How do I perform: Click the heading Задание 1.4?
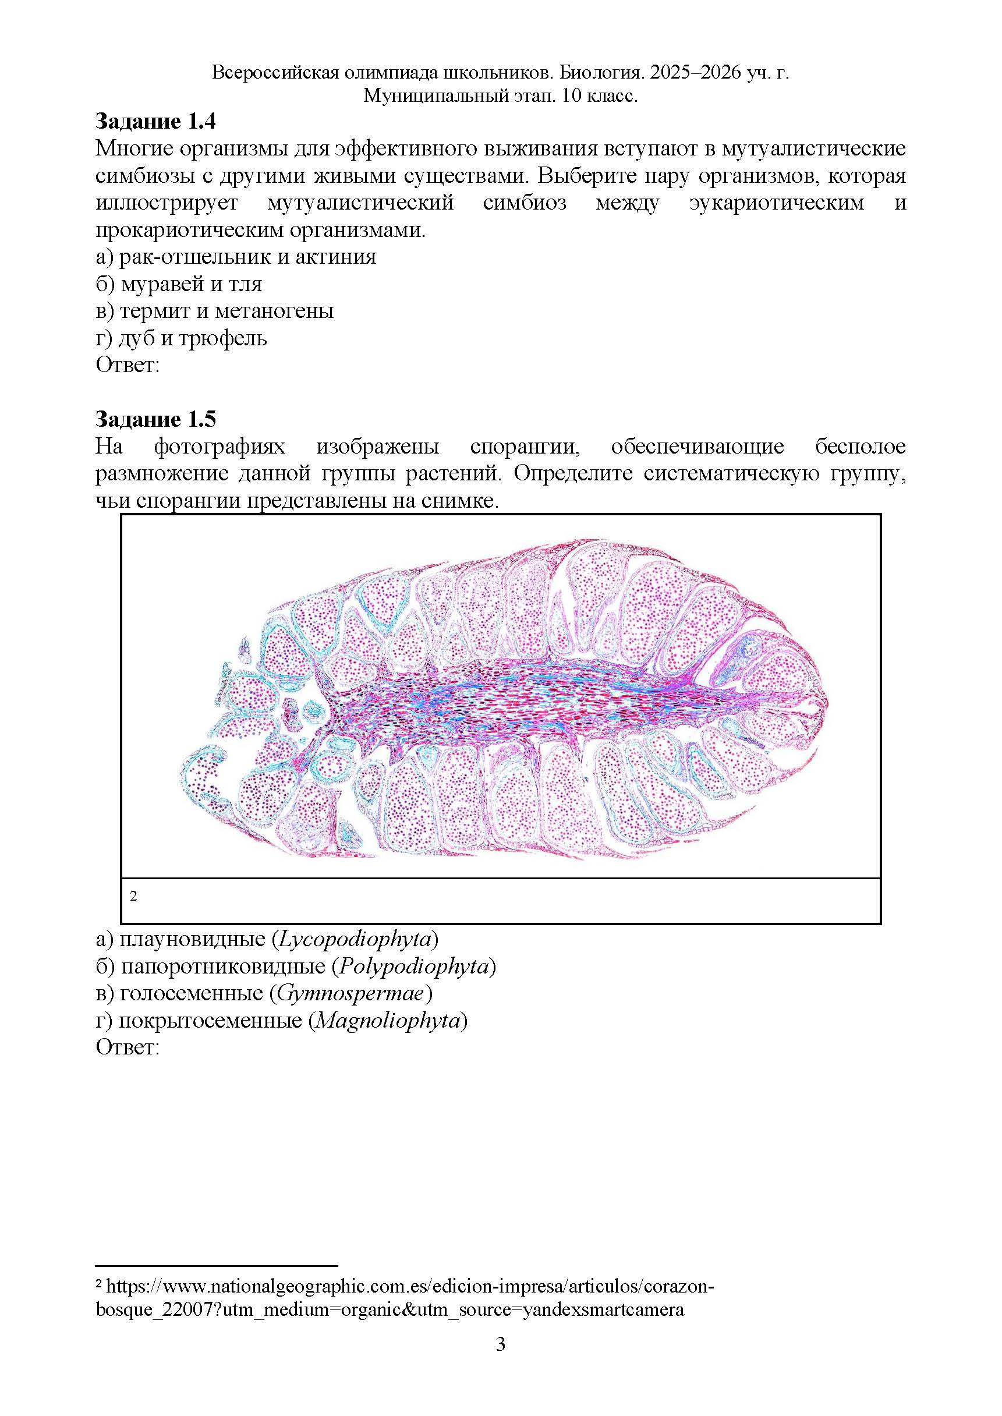(155, 122)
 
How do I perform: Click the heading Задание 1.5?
(155, 420)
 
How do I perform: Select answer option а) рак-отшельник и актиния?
(236, 257)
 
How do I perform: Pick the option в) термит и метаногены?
(214, 311)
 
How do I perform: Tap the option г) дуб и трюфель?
(182, 338)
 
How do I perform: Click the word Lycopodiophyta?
(354, 939)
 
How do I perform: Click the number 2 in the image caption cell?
(133, 896)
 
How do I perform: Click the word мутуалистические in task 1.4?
(813, 148)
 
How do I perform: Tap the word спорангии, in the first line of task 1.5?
(525, 446)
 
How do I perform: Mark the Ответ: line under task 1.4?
(128, 365)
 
